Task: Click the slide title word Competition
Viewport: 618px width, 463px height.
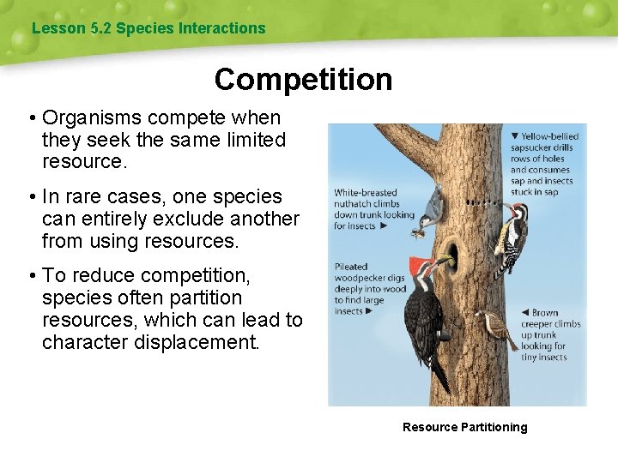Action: click(x=303, y=80)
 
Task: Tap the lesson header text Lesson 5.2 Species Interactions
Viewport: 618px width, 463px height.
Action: click(x=148, y=28)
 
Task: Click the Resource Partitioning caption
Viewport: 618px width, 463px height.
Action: click(x=464, y=427)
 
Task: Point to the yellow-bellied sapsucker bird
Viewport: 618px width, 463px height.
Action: click(x=517, y=235)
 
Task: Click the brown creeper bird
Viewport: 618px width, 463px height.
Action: click(x=495, y=324)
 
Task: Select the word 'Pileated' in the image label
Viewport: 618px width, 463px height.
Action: click(x=350, y=267)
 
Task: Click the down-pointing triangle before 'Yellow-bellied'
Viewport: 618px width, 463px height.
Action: click(x=514, y=136)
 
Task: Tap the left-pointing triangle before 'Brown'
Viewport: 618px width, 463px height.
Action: click(x=524, y=313)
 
